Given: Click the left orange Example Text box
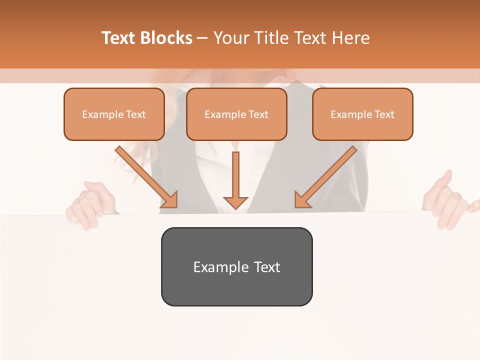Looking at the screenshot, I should click(x=114, y=114).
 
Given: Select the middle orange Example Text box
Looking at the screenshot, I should click(x=236, y=114).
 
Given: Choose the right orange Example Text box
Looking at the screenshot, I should click(x=362, y=114).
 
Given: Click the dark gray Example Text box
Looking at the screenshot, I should click(x=236, y=266).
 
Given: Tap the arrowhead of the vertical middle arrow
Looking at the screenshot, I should click(x=235, y=202).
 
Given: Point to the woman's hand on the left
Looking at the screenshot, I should click(x=85, y=205).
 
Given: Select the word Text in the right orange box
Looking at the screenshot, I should click(x=384, y=114).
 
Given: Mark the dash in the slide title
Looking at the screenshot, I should click(x=202, y=38).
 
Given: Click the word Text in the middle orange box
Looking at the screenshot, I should click(x=258, y=114).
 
